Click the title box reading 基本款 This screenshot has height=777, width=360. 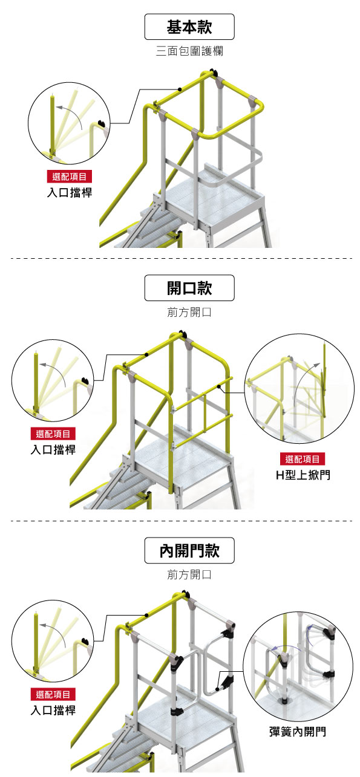pos(189,27)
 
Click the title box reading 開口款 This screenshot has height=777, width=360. pos(189,288)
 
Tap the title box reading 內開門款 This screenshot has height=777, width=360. pos(189,550)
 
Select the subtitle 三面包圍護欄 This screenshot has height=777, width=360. pos(189,51)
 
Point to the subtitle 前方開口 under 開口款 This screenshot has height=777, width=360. pos(189,312)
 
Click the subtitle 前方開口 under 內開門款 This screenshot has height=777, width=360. pos(189,575)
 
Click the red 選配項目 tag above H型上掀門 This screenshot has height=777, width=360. pos(303,459)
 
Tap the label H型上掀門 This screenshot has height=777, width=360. pos(303,475)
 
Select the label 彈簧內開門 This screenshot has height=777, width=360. pos(298,732)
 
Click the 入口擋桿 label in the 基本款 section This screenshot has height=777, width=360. pos(70,192)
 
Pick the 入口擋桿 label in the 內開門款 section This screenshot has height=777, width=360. pos(53,710)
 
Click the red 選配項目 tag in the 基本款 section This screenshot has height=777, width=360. pos(70,177)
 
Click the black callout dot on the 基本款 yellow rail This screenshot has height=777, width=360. pos(180,89)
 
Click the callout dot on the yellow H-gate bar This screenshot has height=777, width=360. pos(218,386)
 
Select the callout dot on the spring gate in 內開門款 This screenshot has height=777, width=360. pos(217,689)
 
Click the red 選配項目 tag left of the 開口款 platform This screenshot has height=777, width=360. pos(53,434)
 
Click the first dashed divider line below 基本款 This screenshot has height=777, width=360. pos(182,258)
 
